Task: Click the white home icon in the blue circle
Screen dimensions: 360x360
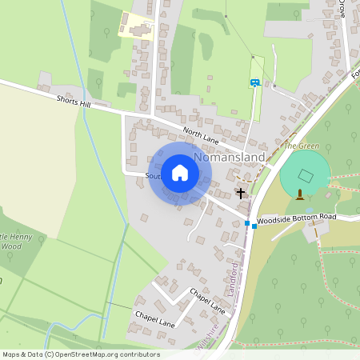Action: [180, 173]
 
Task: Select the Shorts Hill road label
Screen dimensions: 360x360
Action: [74, 101]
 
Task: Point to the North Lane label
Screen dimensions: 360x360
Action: [200, 132]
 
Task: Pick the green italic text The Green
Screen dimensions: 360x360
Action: [301, 146]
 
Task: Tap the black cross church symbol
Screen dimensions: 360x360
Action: [240, 193]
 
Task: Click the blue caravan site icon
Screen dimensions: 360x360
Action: [255, 82]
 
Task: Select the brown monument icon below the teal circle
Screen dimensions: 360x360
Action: [300, 194]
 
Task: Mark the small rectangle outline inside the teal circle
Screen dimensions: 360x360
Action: [305, 175]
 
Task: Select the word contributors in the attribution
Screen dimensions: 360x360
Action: [141, 354]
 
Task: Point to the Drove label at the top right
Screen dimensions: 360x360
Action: [342, 10]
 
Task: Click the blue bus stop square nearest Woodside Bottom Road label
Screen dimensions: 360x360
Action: [254, 226]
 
